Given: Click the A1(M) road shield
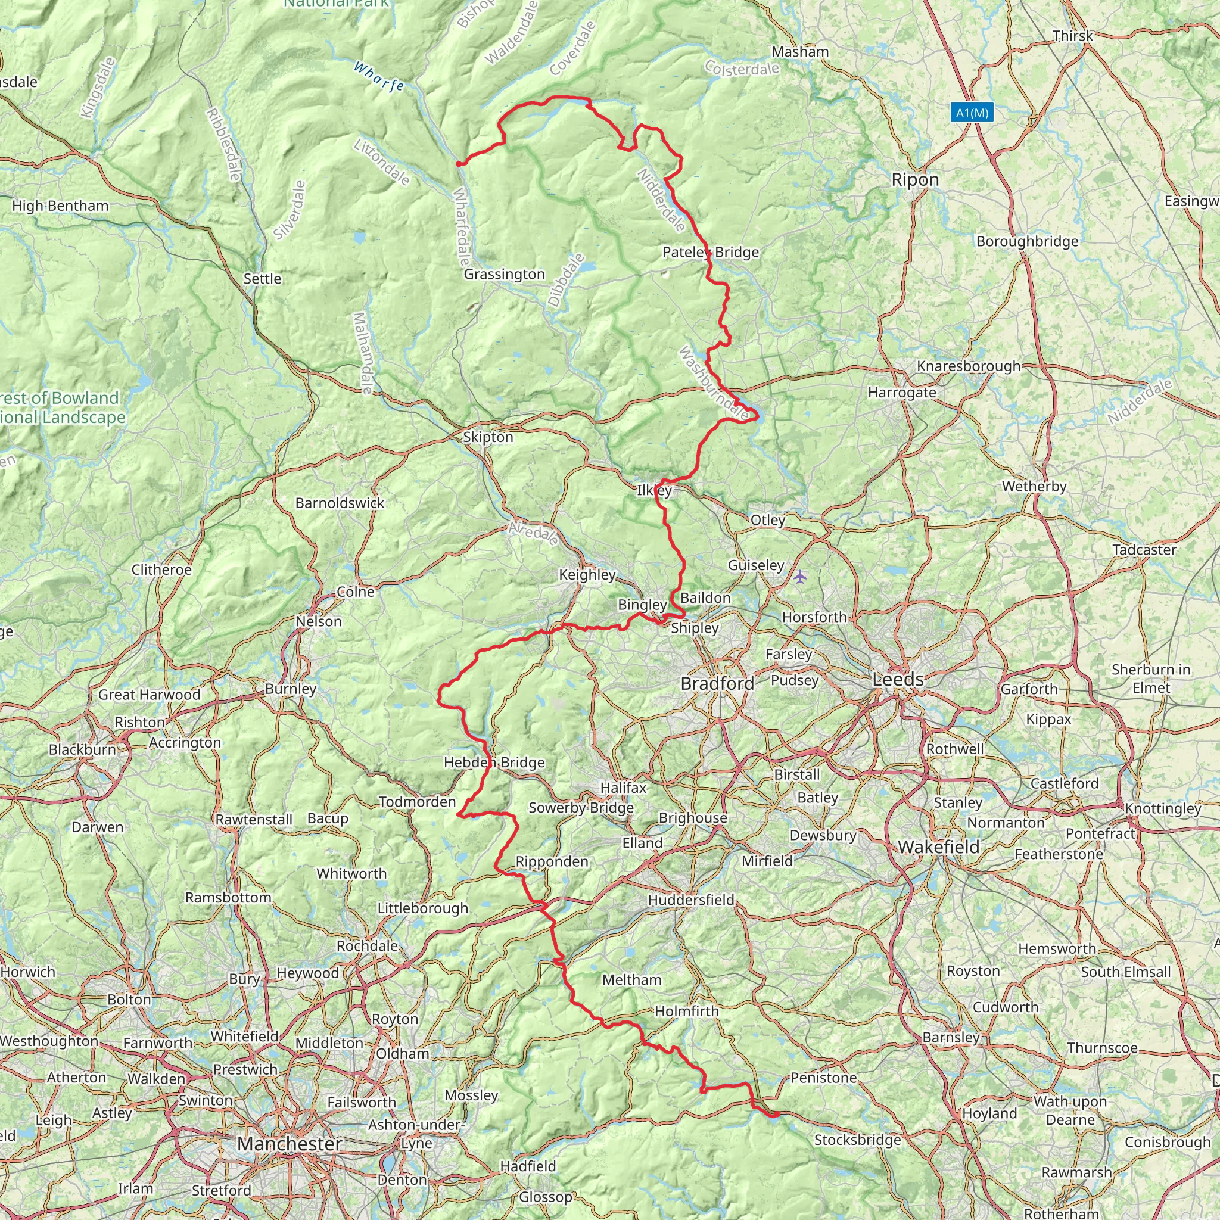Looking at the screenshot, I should point(972,113).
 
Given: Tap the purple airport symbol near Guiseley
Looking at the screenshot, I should point(800,576).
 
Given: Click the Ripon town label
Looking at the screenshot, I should point(915,180).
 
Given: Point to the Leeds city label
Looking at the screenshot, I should point(897,680).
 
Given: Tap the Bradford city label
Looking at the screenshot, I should point(717,683).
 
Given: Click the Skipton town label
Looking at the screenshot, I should point(487,437).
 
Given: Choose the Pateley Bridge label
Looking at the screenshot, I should point(711,252).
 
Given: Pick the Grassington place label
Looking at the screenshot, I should point(504,274).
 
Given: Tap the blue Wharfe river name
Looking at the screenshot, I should point(378,76).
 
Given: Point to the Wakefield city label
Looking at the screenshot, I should point(938,847).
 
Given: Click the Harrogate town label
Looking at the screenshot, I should point(902,392).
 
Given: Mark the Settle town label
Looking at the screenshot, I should point(262,278).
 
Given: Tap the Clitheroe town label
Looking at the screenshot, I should point(161,569).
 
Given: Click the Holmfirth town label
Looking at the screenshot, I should point(686,1011).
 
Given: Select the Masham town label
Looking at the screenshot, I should point(800,52).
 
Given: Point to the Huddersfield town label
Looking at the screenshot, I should point(691,900).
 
